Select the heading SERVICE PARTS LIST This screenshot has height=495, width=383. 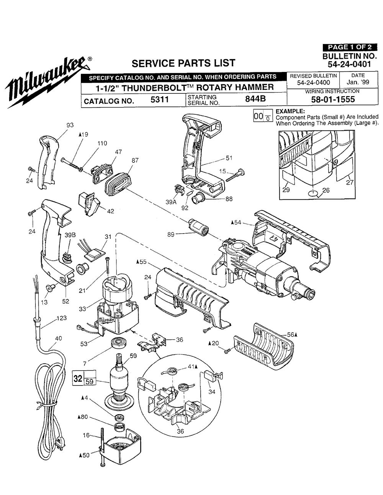183,63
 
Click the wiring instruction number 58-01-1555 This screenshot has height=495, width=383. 332,100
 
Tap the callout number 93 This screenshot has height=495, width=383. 70,125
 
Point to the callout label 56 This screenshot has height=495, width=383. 291,334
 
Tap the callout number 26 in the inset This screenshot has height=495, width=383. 326,190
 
